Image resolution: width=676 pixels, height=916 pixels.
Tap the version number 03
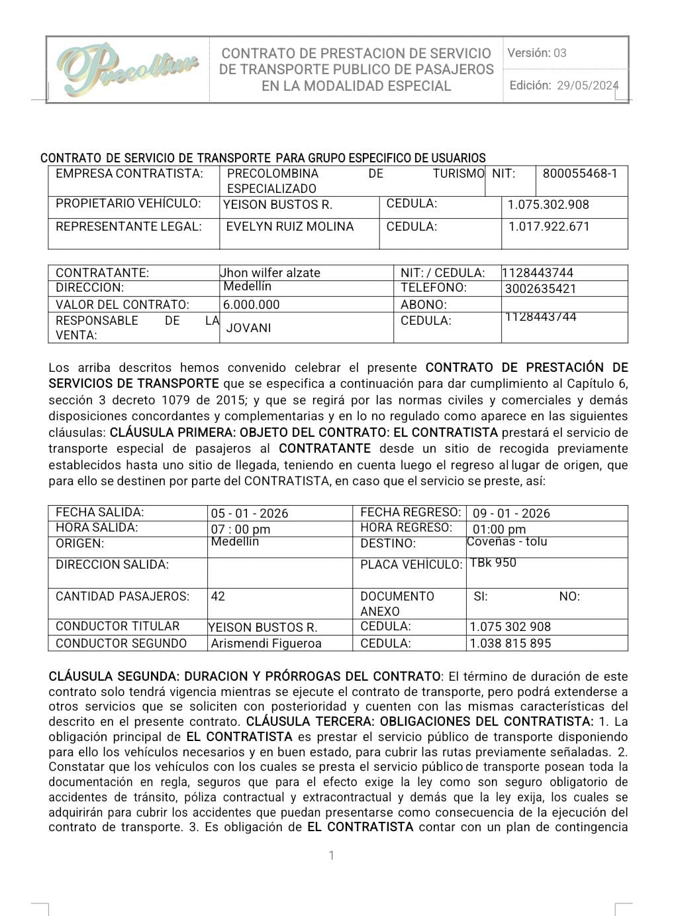tap(560, 53)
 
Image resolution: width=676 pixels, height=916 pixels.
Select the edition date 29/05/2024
tap(587, 86)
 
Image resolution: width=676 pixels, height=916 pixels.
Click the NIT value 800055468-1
tap(579, 174)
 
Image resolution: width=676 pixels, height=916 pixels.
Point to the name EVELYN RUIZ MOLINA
tap(290, 227)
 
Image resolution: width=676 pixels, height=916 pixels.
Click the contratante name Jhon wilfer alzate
tap(270, 272)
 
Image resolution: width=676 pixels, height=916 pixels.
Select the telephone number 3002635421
tap(540, 289)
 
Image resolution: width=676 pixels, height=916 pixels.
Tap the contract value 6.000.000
tap(252, 305)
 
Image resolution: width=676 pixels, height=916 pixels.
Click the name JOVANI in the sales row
tap(248, 327)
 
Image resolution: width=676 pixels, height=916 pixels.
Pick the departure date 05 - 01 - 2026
tap(250, 514)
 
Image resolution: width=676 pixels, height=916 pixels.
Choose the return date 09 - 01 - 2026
tap(511, 514)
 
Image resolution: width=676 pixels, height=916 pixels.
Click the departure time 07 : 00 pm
tap(240, 530)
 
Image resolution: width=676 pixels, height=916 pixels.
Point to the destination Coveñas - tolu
tap(507, 542)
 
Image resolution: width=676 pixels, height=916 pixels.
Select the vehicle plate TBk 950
tap(493, 563)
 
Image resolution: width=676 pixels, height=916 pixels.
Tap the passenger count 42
tap(218, 597)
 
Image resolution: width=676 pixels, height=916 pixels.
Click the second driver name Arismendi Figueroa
tap(266, 644)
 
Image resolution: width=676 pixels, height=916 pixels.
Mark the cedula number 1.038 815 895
tap(510, 644)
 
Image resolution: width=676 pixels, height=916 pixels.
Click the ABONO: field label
tap(424, 305)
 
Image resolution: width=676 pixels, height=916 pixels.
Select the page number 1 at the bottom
tap(332, 856)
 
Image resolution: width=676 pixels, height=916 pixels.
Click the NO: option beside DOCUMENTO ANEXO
tap(569, 597)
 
